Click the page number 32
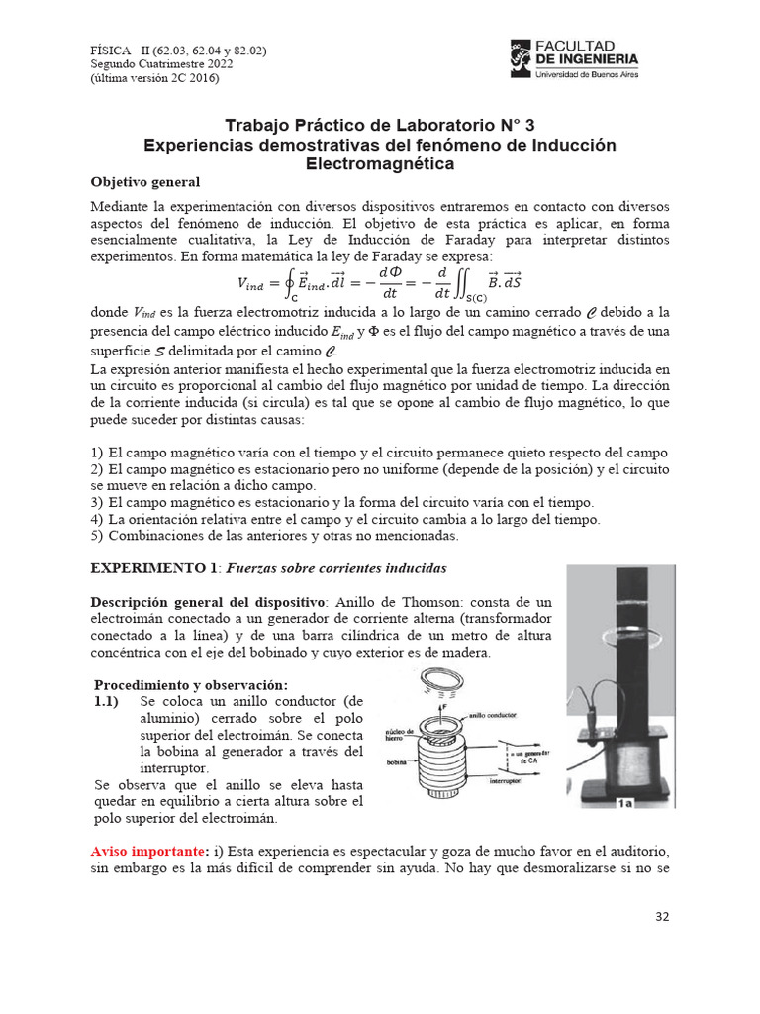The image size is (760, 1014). tap(662, 916)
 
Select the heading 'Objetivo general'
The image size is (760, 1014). tap(145, 182)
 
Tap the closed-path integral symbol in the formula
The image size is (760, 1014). tap(290, 284)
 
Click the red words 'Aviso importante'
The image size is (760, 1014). tap(142, 852)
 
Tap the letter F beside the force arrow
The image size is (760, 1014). tap(444, 707)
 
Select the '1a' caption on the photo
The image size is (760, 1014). tap(624, 803)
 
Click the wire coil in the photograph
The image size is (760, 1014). tap(636, 754)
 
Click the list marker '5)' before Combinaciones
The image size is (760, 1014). tap(97, 535)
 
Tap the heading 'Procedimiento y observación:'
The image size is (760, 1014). tap(190, 685)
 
